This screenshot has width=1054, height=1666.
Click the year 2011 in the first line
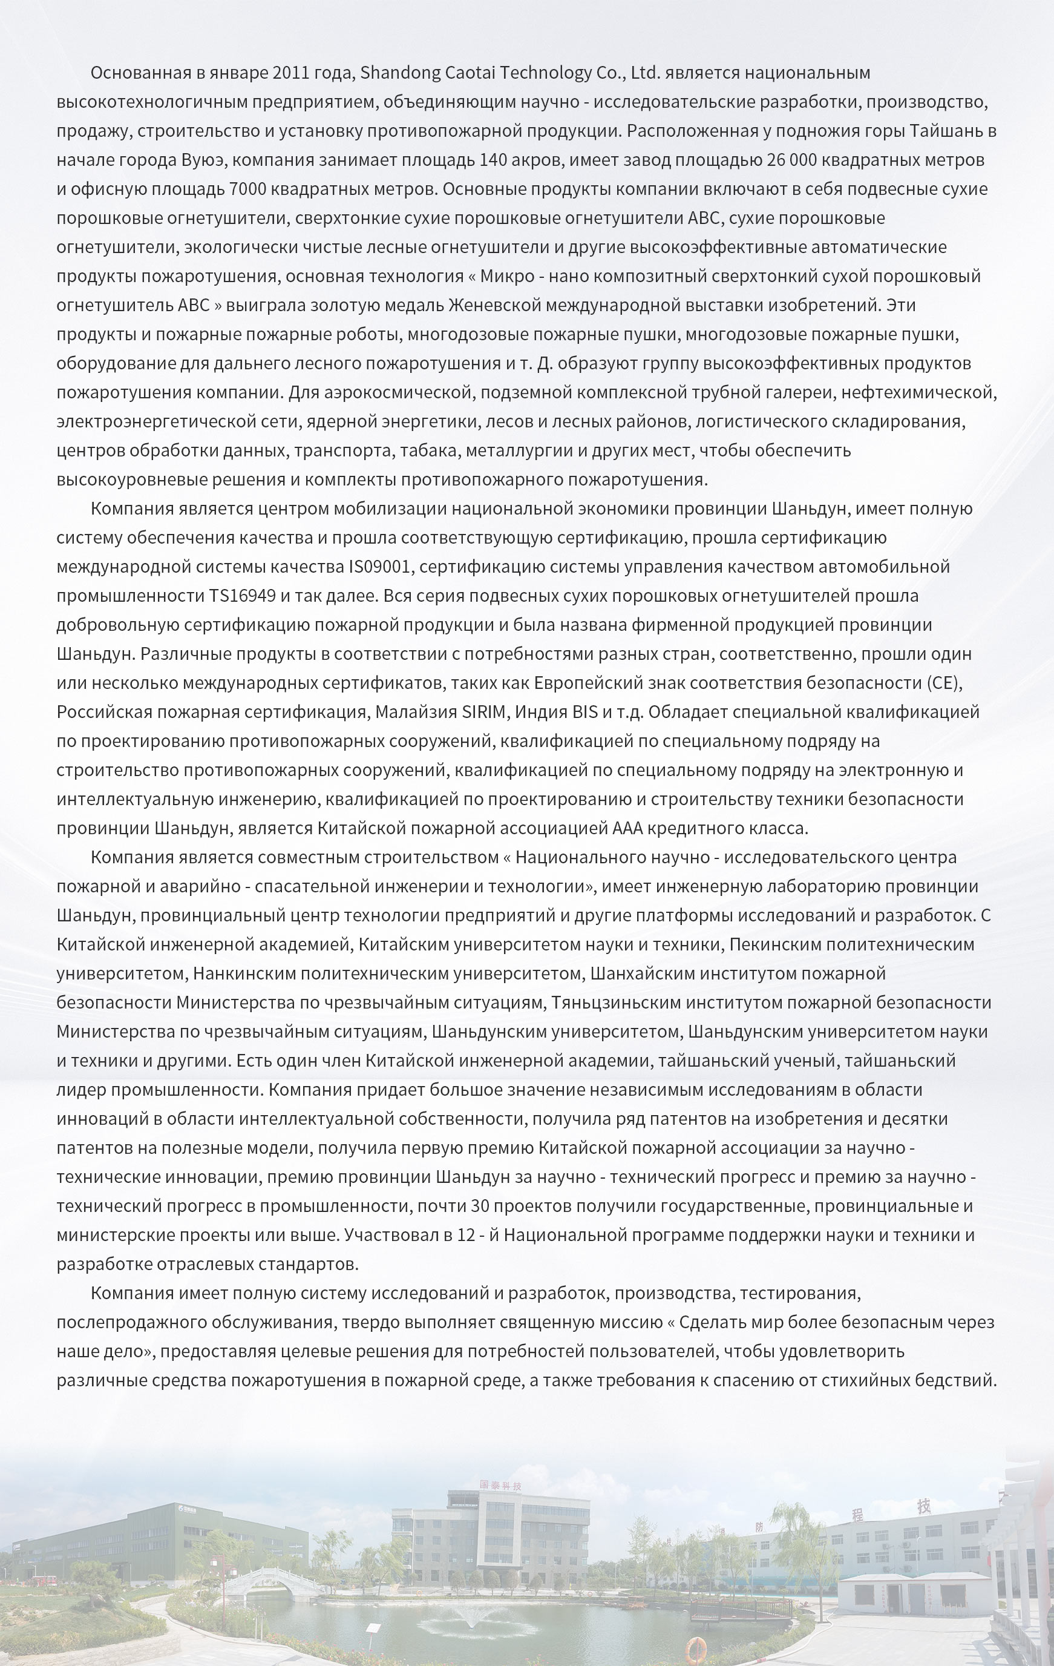point(291,73)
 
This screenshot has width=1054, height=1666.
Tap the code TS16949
point(242,596)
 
